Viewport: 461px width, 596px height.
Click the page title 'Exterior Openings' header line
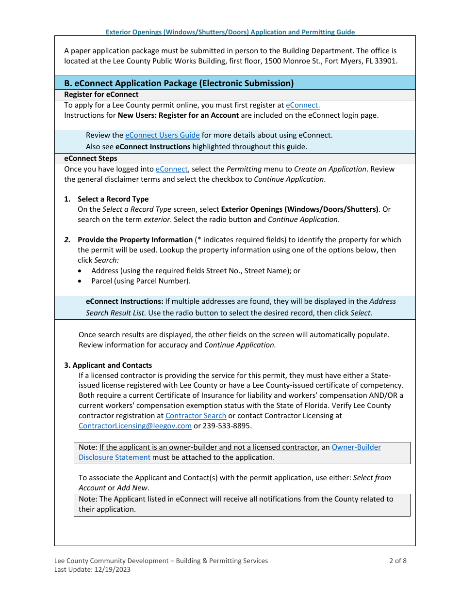tap(230, 32)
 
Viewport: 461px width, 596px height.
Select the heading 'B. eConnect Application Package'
tap(179, 83)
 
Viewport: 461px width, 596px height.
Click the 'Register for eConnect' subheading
tap(101, 94)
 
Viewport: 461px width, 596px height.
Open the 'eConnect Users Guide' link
tap(162, 135)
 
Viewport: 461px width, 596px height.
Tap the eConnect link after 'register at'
tap(302, 105)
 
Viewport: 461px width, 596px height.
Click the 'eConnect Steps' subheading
tap(90, 158)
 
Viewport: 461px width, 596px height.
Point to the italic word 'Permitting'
tap(244, 169)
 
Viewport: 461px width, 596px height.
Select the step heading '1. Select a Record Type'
tap(106, 199)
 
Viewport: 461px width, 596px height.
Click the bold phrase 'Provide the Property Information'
tap(135, 240)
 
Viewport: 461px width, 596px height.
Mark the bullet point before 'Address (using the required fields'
tap(81, 271)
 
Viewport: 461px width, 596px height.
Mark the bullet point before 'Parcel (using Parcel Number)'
tap(81, 281)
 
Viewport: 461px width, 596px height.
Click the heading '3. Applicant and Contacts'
tap(108, 365)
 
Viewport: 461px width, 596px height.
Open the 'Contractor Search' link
tap(196, 416)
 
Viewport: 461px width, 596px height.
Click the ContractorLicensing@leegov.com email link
tap(135, 426)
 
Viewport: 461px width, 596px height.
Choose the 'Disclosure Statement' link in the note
tap(115, 457)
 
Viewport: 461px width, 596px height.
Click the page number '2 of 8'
tap(397, 561)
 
